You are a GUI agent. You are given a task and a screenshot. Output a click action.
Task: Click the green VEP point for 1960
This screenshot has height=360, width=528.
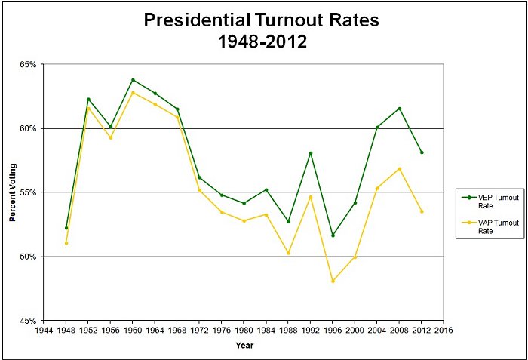point(133,79)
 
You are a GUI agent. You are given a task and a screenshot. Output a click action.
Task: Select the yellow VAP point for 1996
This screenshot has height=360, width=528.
point(333,281)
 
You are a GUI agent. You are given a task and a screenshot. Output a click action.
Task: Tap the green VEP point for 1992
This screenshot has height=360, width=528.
point(311,153)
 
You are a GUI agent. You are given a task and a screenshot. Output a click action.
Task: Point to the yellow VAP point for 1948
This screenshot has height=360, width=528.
point(66,243)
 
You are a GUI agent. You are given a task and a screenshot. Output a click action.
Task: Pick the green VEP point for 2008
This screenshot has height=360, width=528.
point(399,109)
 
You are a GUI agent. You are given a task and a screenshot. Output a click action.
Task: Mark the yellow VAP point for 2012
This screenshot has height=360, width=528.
point(422,211)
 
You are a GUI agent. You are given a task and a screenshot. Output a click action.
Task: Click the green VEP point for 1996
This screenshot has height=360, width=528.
point(333,235)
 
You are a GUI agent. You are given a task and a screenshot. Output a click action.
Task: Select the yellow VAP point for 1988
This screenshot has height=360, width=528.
point(288,253)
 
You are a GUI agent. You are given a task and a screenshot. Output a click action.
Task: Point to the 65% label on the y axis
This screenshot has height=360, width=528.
point(28,64)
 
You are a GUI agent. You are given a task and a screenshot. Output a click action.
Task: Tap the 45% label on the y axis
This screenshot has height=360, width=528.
point(28,321)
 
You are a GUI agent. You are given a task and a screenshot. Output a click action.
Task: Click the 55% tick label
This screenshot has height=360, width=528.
point(28,192)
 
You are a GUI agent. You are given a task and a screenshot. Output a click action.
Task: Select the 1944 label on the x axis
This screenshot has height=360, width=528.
point(45,331)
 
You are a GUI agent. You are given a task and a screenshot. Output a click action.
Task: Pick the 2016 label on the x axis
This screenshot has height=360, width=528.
point(444,331)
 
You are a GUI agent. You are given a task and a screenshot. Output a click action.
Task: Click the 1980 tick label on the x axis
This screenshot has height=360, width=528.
point(244,331)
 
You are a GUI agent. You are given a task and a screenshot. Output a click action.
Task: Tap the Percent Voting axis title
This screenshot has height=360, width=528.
point(13,192)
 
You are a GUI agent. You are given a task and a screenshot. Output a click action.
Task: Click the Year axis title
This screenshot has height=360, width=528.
point(244,346)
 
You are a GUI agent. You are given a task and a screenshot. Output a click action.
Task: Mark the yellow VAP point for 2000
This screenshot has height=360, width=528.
point(355,257)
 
